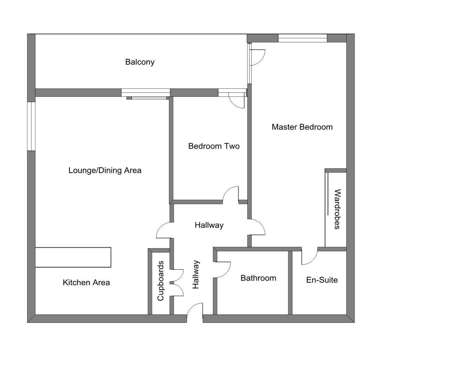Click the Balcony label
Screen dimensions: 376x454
140,62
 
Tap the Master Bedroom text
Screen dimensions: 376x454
302,127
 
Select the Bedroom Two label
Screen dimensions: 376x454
214,146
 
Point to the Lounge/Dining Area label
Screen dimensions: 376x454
105,170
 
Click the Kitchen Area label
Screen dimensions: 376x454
86,282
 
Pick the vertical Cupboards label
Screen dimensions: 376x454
160,281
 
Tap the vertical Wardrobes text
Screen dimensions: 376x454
337,209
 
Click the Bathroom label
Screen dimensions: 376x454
258,278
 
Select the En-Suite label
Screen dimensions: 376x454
322,280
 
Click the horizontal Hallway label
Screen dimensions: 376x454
209,225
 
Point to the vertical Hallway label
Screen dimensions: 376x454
196,274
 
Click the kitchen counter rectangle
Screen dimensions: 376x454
73,257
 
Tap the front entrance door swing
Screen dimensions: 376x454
195,312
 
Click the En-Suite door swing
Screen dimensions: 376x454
309,257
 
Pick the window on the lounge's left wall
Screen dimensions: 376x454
31,126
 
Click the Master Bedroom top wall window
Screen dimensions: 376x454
302,38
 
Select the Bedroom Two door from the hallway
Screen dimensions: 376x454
231,195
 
